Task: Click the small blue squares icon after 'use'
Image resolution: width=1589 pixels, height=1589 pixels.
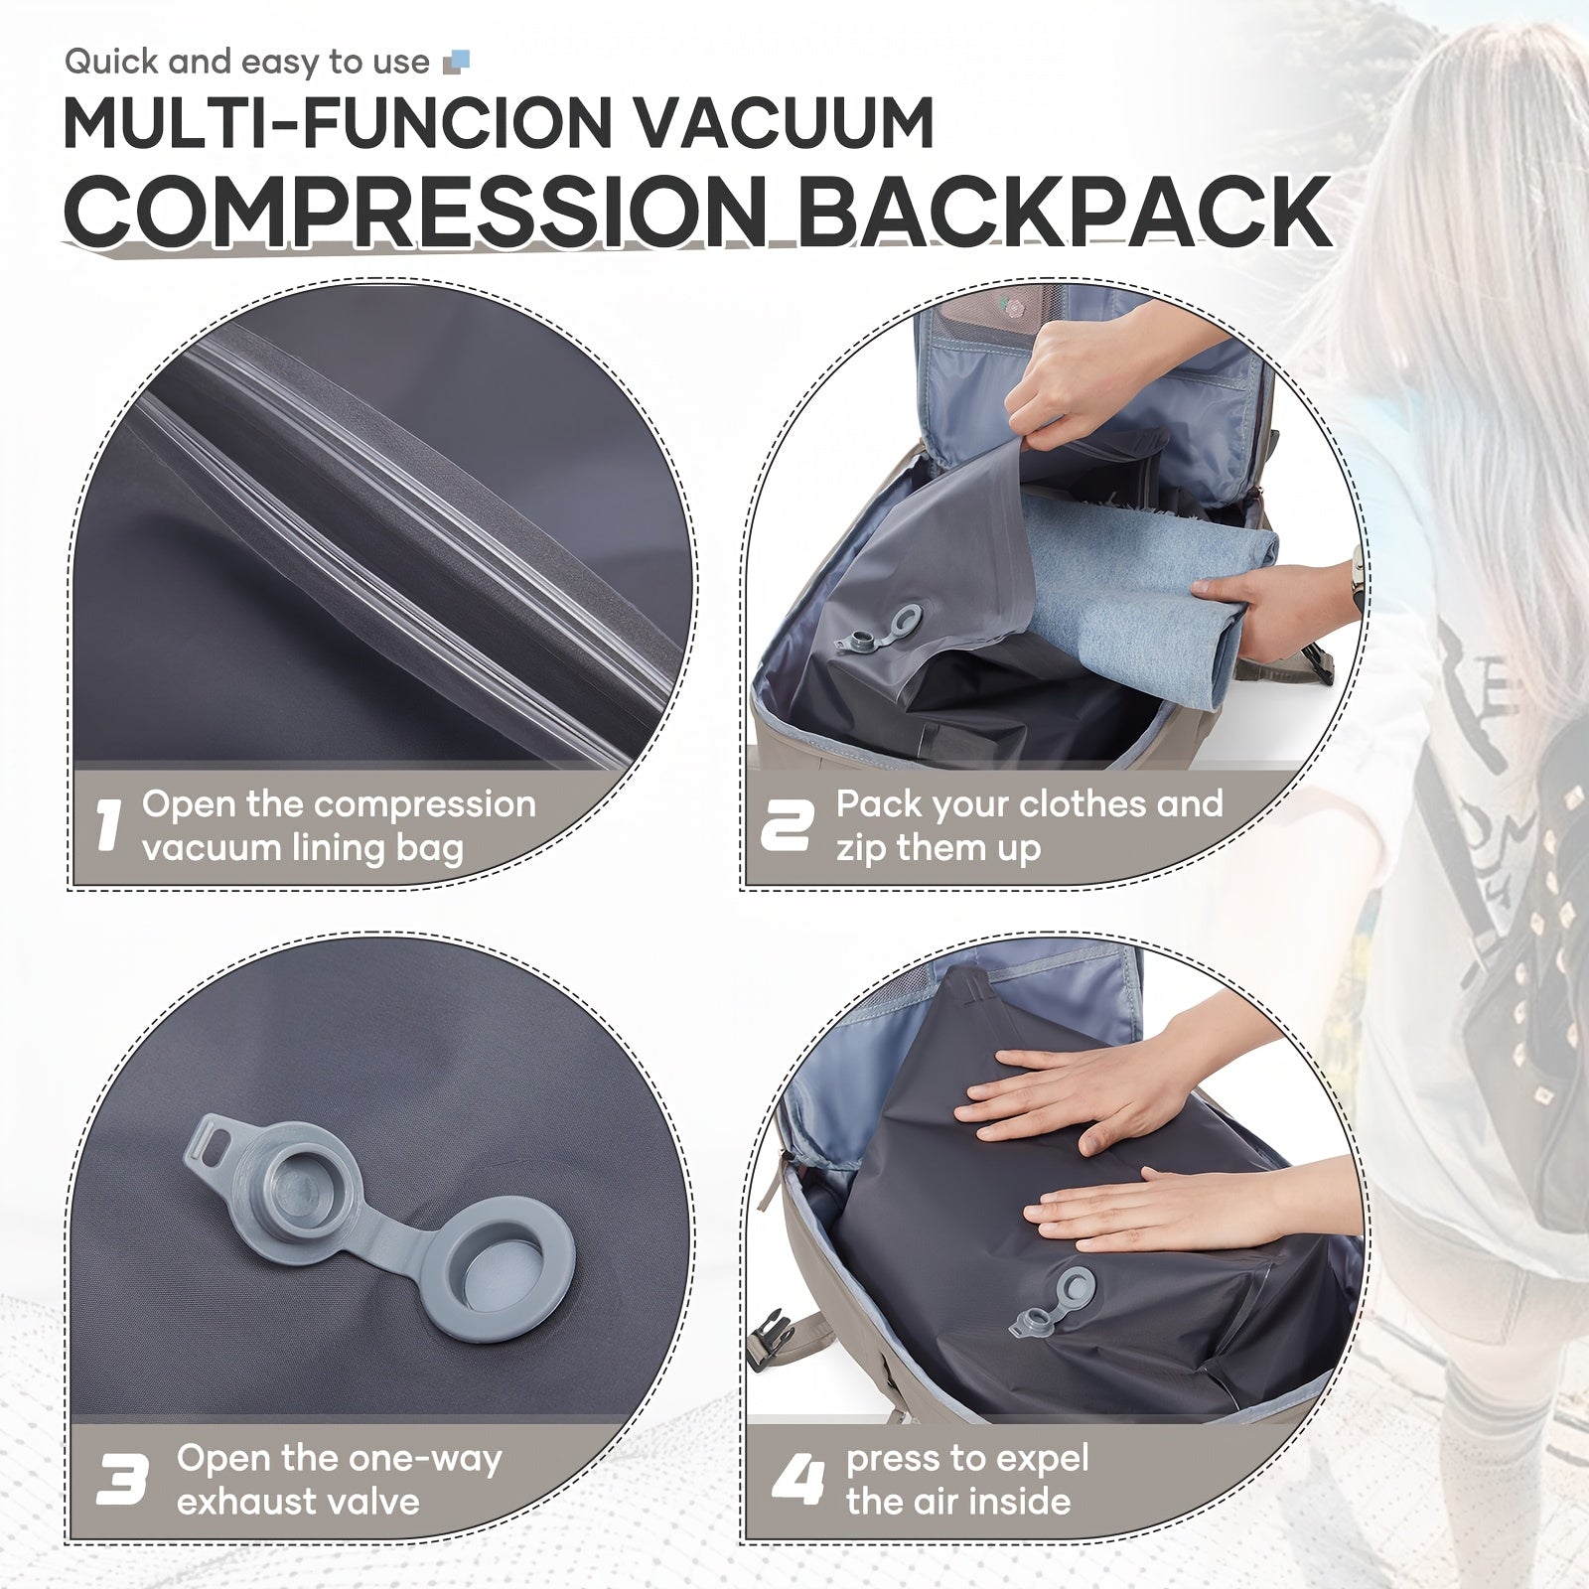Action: [457, 63]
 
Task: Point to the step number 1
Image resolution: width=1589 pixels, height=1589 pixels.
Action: [108, 825]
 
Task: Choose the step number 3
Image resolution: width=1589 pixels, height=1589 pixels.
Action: [122, 1480]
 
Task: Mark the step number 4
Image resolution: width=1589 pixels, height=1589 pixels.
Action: [798, 1480]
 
